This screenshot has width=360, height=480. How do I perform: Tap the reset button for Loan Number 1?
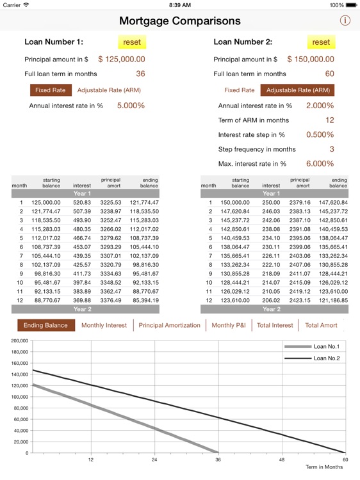point(132,42)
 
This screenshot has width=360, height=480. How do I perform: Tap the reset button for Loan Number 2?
point(321,42)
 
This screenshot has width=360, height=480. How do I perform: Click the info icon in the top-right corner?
point(345,20)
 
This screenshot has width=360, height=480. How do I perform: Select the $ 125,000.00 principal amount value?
point(122,60)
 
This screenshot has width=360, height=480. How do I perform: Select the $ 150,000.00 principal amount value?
point(311,60)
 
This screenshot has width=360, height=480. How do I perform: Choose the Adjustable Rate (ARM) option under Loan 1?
point(109,90)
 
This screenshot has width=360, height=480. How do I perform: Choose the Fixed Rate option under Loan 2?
point(239,90)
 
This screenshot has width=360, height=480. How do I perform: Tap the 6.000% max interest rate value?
point(320,164)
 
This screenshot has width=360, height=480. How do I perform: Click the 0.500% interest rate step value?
point(320,135)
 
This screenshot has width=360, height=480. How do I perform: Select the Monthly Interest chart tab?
point(104,325)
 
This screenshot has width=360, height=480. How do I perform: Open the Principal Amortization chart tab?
point(169,325)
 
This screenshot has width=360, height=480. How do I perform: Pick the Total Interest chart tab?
point(275,325)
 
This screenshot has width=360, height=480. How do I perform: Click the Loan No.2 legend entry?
point(327,358)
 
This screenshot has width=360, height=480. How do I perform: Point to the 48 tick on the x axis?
point(281,460)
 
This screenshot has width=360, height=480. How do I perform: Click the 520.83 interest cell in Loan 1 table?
point(82,202)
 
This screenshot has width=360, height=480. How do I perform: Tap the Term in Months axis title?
point(324,467)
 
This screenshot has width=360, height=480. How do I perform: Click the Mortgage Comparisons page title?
point(180,21)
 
